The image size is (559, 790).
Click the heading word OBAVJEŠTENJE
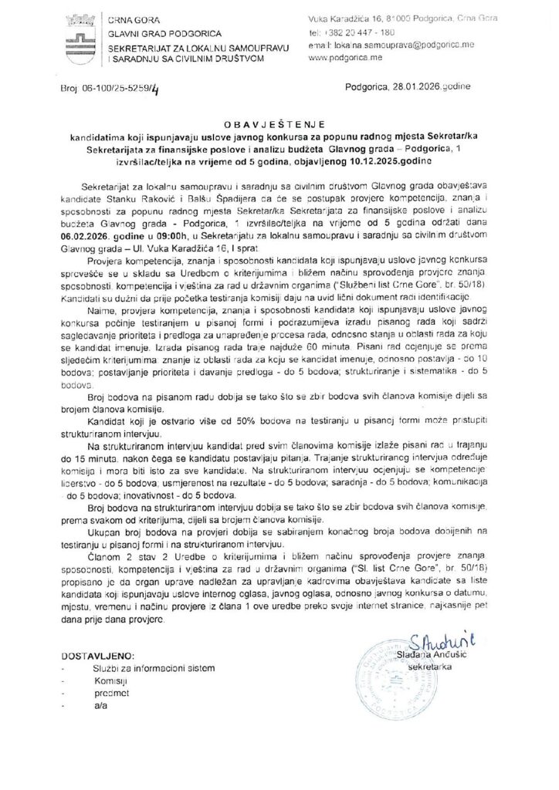[x=282, y=122]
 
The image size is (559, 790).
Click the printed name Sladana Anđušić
[x=451, y=653]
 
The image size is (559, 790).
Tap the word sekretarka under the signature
[x=451, y=664]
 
